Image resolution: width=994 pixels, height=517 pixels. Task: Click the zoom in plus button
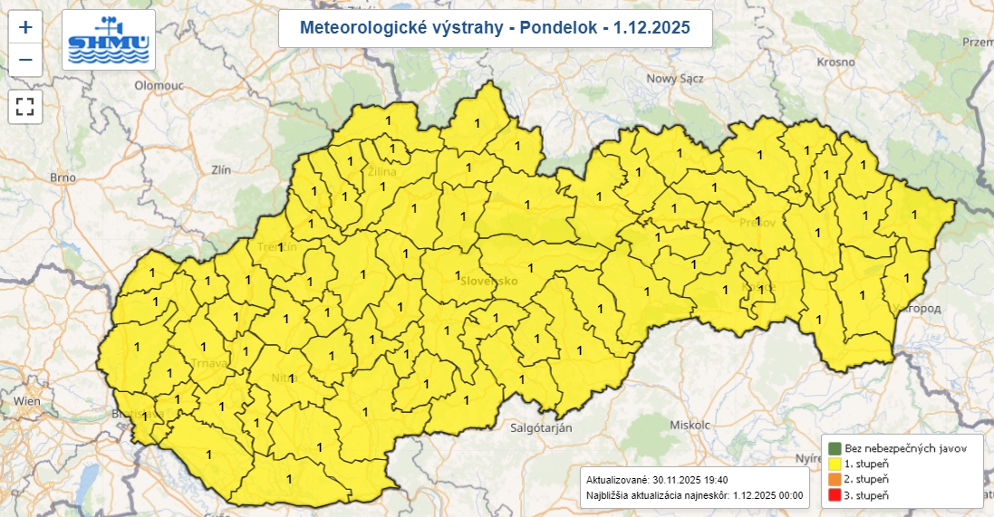pyautogui.click(x=25, y=27)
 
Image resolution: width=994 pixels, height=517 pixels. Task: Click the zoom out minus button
pyautogui.click(x=25, y=61)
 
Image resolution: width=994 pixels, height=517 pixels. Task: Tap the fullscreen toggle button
pyautogui.click(x=25, y=106)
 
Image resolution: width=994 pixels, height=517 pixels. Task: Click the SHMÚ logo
pyautogui.click(x=108, y=40)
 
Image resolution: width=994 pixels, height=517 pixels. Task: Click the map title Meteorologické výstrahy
pyautogui.click(x=495, y=29)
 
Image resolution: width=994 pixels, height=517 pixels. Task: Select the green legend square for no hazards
pyautogui.click(x=834, y=448)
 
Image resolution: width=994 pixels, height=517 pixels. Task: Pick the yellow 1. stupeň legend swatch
pyautogui.click(x=834, y=464)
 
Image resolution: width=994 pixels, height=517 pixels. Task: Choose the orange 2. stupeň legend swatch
pyautogui.click(x=834, y=479)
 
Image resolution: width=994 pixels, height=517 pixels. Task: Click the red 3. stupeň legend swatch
pyautogui.click(x=834, y=494)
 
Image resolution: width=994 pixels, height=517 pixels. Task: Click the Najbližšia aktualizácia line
pyautogui.click(x=693, y=496)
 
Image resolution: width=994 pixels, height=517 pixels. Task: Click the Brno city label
pyautogui.click(x=63, y=177)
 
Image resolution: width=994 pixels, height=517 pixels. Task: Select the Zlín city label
pyautogui.click(x=220, y=168)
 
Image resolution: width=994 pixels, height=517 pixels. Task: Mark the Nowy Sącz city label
pyautogui.click(x=675, y=78)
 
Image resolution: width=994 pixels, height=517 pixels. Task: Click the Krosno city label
pyautogui.click(x=835, y=62)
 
